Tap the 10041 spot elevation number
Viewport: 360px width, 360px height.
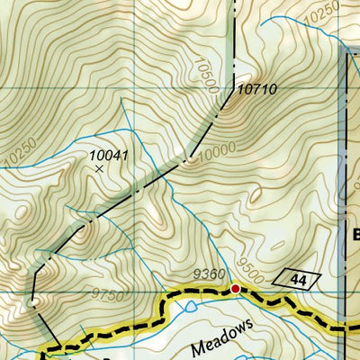click(x=109, y=155)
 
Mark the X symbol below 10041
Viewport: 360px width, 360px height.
click(x=99, y=168)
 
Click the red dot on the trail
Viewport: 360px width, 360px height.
click(x=235, y=289)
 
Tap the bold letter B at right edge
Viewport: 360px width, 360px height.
click(x=355, y=236)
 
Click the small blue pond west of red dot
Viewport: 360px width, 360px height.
click(x=188, y=308)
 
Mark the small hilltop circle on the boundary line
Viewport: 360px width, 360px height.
click(x=32, y=304)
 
